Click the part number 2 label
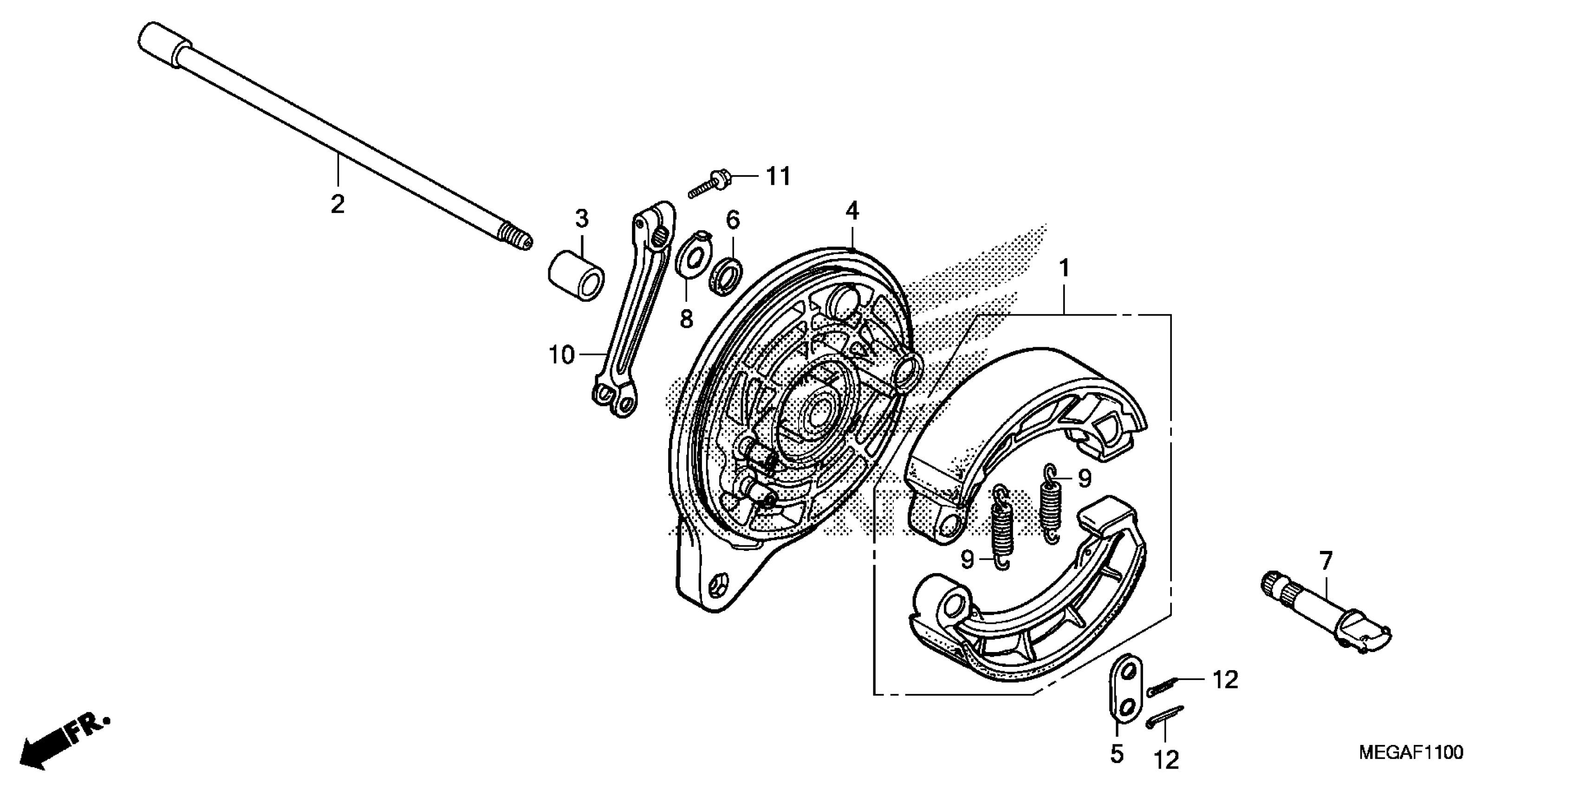point(338,204)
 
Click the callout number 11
point(778,176)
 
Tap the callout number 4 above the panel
point(852,211)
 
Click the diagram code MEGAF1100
point(1411,752)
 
